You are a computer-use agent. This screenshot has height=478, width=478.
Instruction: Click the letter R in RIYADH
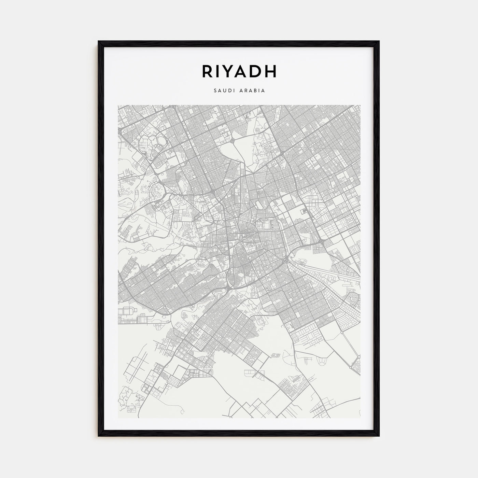click(x=208, y=71)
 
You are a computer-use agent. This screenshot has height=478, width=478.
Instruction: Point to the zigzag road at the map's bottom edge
click(x=253, y=408)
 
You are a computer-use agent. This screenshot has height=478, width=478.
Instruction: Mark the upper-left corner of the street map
click(x=118, y=106)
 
